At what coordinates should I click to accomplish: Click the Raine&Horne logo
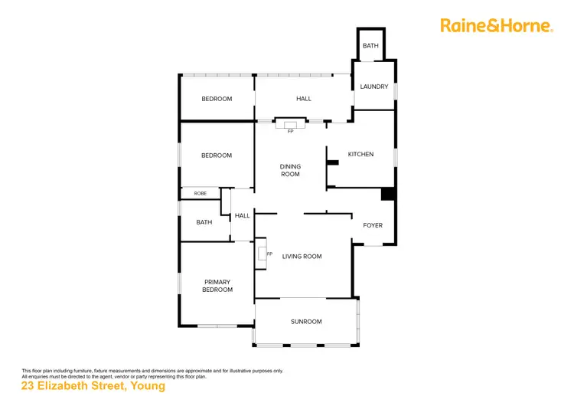(x=496, y=25)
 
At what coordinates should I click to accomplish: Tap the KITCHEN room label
(x=360, y=155)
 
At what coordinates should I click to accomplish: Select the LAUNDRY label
(x=374, y=87)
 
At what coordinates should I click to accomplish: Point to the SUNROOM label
(x=306, y=322)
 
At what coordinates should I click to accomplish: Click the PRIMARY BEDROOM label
(x=217, y=286)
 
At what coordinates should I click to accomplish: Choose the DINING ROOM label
(x=290, y=170)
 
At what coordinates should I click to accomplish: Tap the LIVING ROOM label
(x=302, y=257)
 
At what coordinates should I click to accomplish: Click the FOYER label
(x=373, y=225)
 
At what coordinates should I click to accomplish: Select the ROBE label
(x=201, y=194)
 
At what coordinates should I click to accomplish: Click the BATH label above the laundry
(x=370, y=47)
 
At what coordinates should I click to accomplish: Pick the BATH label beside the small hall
(x=204, y=222)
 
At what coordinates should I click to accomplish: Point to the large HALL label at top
(x=304, y=99)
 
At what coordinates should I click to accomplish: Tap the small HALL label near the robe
(x=242, y=216)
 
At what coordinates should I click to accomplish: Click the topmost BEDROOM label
(x=217, y=99)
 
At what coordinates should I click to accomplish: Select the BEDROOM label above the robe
(x=217, y=156)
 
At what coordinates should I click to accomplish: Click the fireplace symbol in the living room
(x=263, y=253)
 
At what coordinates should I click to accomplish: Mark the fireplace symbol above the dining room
(x=290, y=126)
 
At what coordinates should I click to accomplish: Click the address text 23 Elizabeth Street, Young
(x=93, y=387)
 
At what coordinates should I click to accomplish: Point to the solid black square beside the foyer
(x=388, y=195)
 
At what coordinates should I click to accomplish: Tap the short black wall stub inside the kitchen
(x=332, y=162)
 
